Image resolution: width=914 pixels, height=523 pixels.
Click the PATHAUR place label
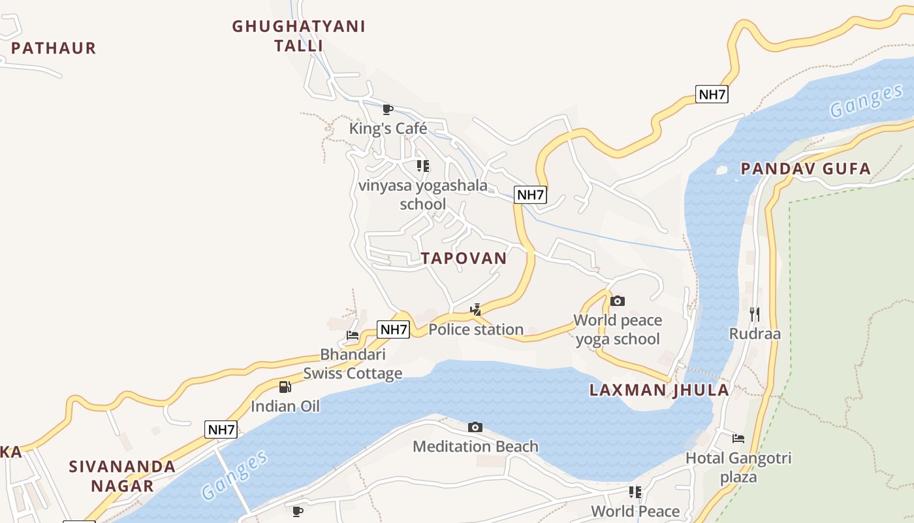(54, 48)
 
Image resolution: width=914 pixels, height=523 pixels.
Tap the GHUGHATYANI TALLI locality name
(299, 36)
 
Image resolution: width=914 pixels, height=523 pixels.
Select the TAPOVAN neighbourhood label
(464, 258)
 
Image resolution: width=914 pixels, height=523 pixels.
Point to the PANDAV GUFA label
(806, 169)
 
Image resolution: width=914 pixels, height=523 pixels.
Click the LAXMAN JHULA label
(659, 390)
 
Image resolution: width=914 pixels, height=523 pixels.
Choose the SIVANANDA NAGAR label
(122, 476)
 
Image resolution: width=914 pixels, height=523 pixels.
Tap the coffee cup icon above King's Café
(388, 109)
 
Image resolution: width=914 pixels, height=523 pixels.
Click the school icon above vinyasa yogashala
(423, 166)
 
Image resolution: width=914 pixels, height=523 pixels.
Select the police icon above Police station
(476, 309)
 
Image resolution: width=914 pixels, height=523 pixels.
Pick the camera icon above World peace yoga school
(617, 301)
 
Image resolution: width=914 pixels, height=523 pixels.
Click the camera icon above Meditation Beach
(475, 427)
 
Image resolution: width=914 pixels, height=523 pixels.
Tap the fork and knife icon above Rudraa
(755, 314)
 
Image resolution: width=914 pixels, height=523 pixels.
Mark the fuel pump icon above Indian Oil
(285, 386)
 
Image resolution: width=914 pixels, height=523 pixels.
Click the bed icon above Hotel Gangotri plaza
(738, 438)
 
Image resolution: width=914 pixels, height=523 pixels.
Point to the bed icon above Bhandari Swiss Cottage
(353, 335)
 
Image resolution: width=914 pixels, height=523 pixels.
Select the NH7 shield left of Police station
(394, 329)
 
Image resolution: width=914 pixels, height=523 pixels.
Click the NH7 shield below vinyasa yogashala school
(530, 194)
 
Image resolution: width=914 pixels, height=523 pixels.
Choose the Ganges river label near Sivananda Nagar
(234, 475)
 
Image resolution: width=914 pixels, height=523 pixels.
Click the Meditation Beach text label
(475, 447)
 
